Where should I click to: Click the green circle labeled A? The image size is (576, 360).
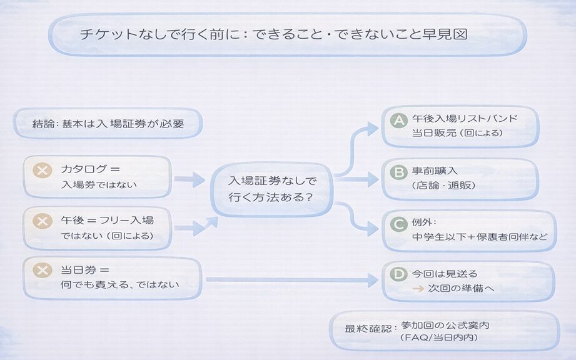coord(398,120)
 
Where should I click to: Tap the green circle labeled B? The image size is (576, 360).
coord(398,172)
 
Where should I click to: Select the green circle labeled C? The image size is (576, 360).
coord(398,223)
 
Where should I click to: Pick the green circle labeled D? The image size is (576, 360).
coord(398,274)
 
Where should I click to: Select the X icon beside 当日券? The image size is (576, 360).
coord(43,271)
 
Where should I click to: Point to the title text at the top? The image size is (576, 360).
coord(274,34)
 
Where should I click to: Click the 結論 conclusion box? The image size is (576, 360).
coord(108,124)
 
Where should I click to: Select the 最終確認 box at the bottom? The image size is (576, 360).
coord(444,331)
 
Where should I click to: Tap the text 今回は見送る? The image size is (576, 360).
coord(445,274)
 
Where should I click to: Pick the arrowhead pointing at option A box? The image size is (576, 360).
coord(373,129)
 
